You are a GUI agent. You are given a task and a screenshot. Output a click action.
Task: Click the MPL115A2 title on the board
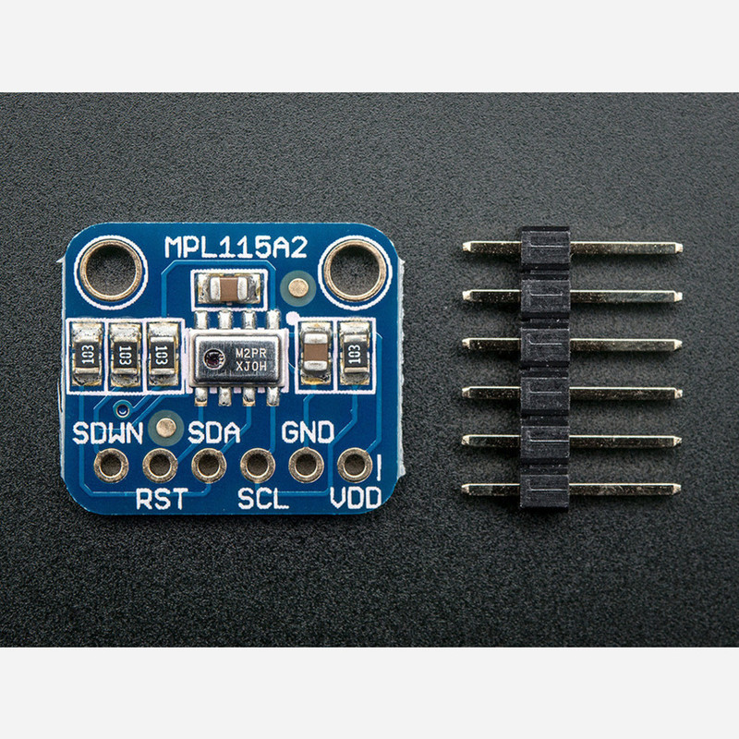tap(236, 247)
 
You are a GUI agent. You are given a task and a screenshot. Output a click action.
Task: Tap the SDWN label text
tap(108, 432)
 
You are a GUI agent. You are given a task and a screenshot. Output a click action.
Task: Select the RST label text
tap(162, 498)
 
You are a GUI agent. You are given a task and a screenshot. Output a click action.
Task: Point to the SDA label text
tap(214, 432)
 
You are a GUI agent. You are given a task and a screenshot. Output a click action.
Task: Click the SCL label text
tap(263, 498)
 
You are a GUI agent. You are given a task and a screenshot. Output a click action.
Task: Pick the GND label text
tap(308, 432)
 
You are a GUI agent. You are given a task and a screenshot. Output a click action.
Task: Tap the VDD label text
tap(356, 498)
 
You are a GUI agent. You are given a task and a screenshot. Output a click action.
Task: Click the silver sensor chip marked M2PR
tap(237, 358)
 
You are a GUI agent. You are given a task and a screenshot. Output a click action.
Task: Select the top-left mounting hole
tap(111, 271)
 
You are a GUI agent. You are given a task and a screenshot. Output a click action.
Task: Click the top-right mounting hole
tap(355, 271)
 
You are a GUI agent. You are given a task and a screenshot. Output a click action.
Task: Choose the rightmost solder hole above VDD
tap(355, 466)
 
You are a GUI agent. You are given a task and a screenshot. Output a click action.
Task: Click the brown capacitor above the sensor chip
tap(228, 288)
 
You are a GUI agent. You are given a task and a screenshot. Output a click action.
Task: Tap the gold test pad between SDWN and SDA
tap(165, 428)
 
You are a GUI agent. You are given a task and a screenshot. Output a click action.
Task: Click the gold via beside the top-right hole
tap(297, 288)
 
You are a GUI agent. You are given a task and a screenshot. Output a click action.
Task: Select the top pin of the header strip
tap(572, 248)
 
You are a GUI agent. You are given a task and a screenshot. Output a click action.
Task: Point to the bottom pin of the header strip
tap(571, 490)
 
